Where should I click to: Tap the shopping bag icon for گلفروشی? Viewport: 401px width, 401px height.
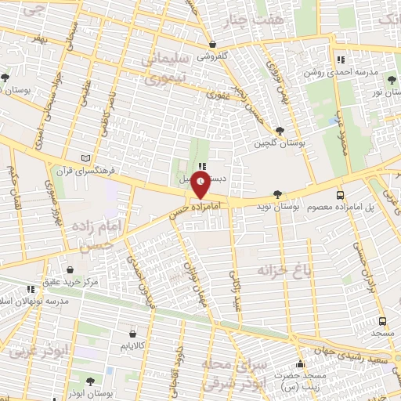(x=213, y=45)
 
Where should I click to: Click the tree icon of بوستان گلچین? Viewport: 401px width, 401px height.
(x=280, y=131)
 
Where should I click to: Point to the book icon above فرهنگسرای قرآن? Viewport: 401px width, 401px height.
(x=96, y=157)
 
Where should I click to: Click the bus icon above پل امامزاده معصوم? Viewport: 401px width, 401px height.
(x=339, y=194)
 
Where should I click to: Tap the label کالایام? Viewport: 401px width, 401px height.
(x=132, y=345)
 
